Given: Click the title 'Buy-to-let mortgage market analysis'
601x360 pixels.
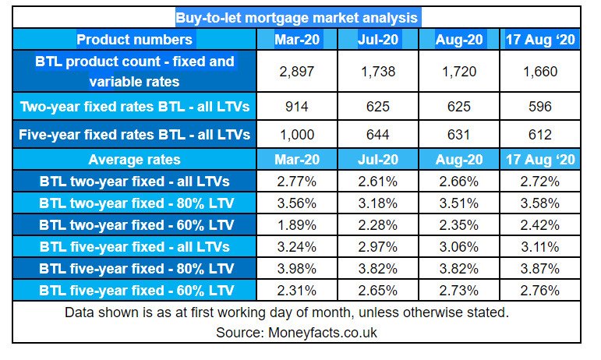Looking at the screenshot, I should click(x=297, y=17).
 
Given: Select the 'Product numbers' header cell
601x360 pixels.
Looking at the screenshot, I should click(x=134, y=40).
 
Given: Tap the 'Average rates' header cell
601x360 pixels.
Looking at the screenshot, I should click(x=134, y=160).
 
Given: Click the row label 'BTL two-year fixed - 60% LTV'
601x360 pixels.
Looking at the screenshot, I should click(x=134, y=225).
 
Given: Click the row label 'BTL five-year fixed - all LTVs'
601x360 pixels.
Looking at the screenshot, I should click(x=134, y=247).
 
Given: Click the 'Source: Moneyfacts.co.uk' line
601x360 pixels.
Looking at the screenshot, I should click(x=297, y=332).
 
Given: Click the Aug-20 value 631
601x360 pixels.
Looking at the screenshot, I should click(x=458, y=135).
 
